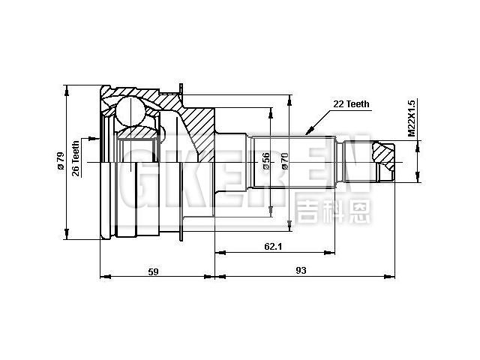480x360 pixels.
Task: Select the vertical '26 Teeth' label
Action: click(x=76, y=158)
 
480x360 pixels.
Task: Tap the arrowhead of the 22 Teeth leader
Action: click(x=308, y=127)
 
